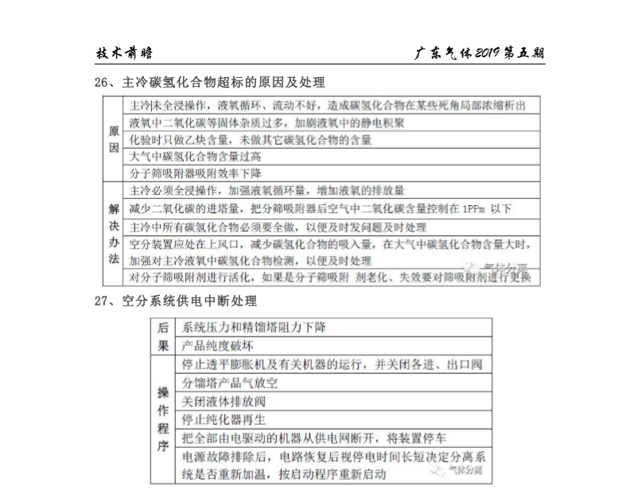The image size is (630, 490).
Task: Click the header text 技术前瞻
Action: click(124, 53)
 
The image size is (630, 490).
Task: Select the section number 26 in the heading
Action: click(101, 82)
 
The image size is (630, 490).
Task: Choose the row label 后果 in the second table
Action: click(163, 336)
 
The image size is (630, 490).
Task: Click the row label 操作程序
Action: click(163, 418)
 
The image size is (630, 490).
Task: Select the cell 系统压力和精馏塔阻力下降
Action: click(254, 328)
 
